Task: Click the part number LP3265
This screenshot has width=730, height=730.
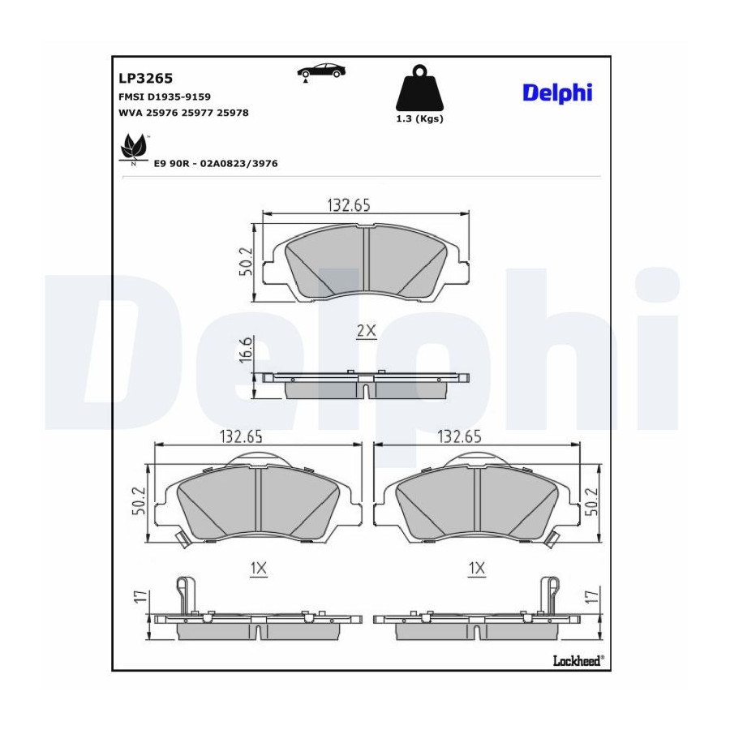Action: pos(146,78)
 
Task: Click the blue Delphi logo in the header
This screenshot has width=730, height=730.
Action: pos(557,93)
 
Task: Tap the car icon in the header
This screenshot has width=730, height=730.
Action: pos(321,71)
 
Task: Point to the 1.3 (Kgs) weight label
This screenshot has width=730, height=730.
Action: pos(419,118)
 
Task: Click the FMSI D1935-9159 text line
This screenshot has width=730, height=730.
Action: pos(165,97)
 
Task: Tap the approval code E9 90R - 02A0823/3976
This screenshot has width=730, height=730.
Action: pos(216,163)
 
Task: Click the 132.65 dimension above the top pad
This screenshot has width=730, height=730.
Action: pos(349,205)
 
